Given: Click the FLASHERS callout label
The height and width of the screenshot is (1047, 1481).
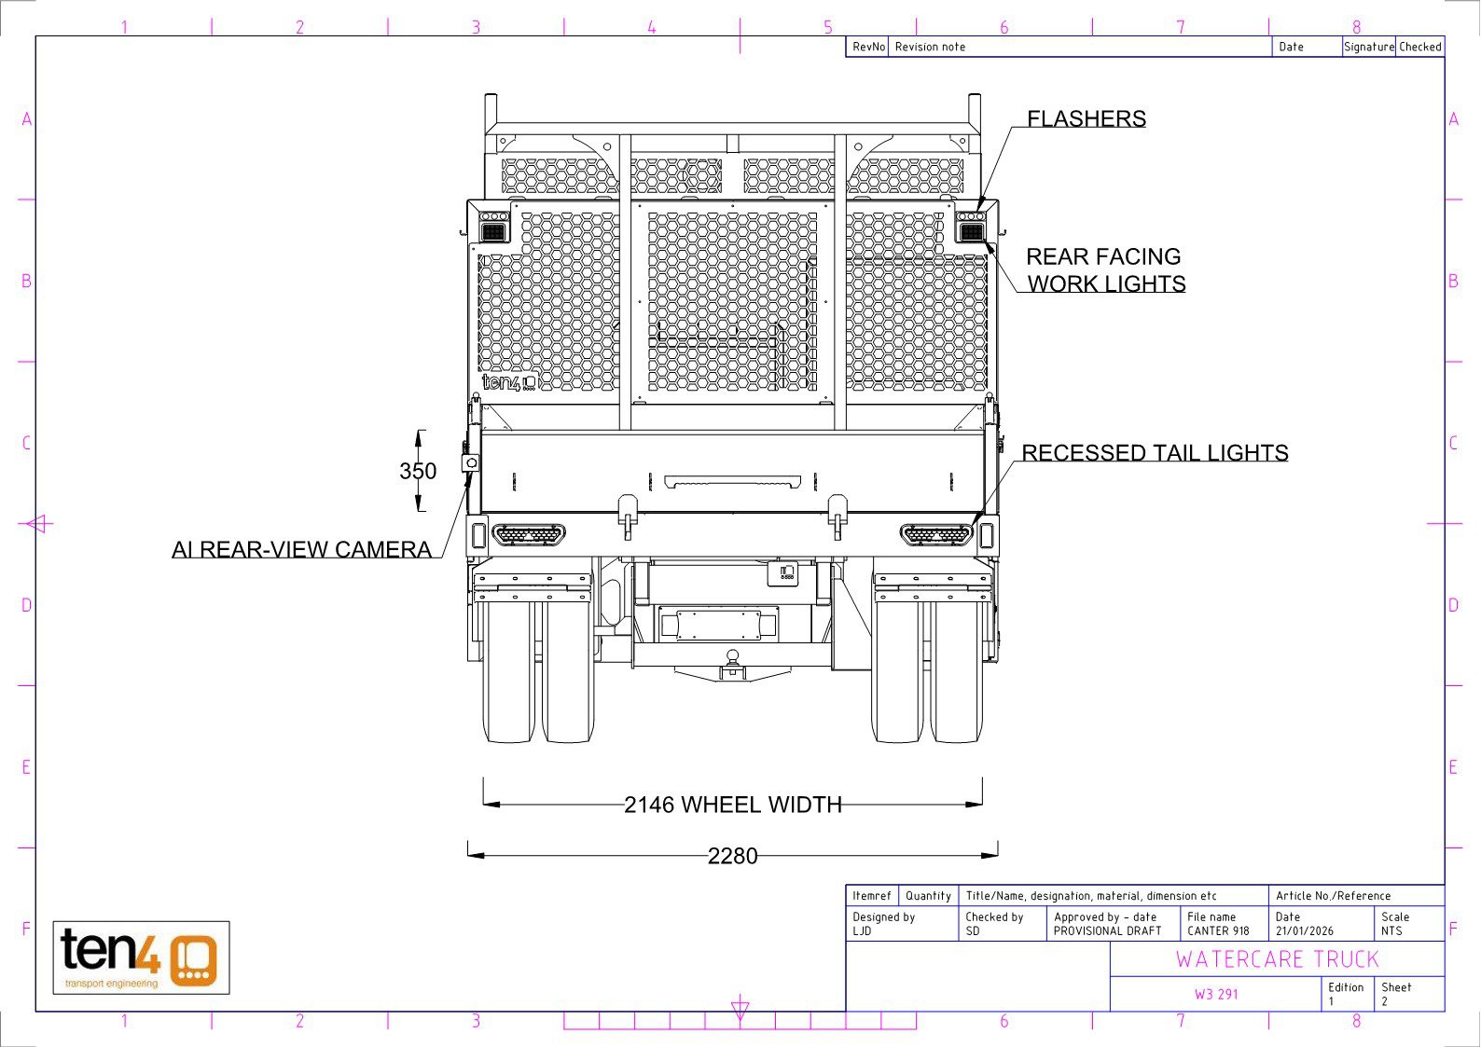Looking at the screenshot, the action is (x=1087, y=118).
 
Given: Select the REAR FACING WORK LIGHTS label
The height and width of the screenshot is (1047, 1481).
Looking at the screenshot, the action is (x=1105, y=269).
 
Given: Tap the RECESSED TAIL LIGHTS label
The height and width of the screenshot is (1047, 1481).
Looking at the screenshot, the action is (x=1155, y=453).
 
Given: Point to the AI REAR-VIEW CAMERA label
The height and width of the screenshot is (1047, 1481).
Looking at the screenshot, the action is (x=301, y=549).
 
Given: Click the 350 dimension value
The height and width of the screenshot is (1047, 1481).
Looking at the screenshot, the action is (x=418, y=471).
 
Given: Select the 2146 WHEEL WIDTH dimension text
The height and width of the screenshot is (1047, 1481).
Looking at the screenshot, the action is (x=732, y=805).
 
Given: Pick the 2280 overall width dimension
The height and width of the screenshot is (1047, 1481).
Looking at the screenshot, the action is (x=732, y=856).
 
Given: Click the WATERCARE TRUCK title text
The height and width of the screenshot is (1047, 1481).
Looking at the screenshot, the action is (x=1278, y=959).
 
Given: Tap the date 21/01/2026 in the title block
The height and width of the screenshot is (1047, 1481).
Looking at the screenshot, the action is (x=1305, y=930).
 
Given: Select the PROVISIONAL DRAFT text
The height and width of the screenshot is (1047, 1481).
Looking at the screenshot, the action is (x=1107, y=930).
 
